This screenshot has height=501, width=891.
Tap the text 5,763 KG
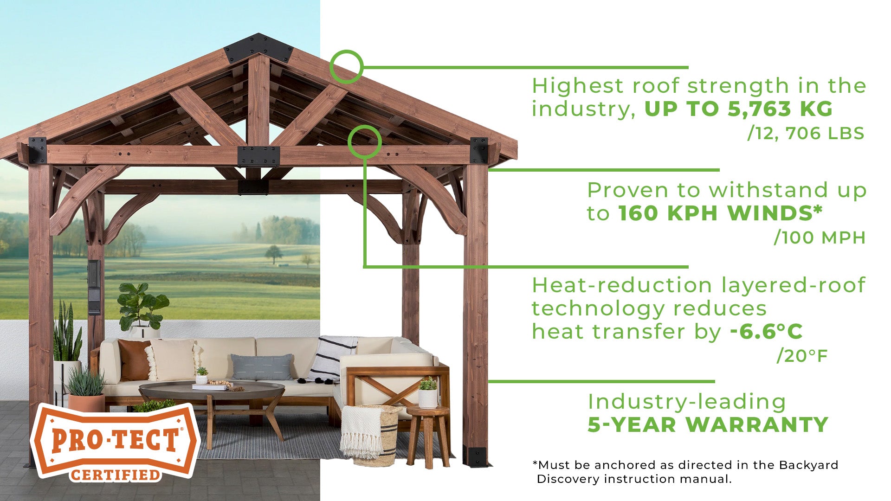[780, 109]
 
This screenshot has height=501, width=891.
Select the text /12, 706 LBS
[806, 134]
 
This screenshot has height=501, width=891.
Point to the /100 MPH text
[820, 238]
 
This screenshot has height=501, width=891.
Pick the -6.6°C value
[766, 332]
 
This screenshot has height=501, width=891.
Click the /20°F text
[802, 356]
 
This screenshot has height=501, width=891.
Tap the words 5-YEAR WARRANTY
[708, 425]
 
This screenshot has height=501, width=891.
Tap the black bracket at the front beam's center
[258, 156]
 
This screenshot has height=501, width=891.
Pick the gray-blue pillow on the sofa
[262, 366]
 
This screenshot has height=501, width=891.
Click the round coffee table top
[212, 390]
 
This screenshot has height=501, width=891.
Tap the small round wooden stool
[428, 436]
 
